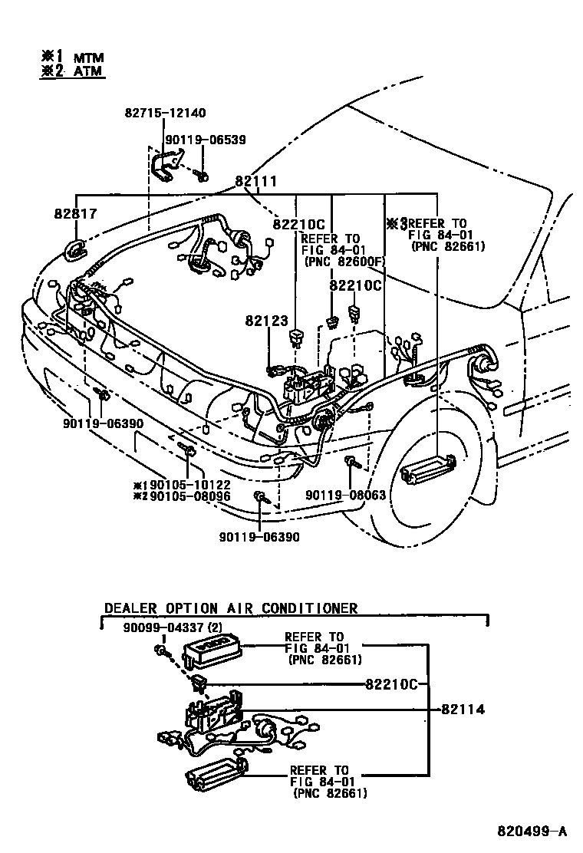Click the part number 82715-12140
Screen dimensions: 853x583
(x=164, y=113)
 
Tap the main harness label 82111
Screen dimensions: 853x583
(x=255, y=182)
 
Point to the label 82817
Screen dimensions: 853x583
(x=75, y=214)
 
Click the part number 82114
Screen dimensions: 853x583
(x=463, y=710)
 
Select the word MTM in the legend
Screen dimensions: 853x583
(x=88, y=58)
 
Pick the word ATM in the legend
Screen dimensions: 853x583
(x=88, y=71)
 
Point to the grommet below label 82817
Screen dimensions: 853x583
(x=77, y=250)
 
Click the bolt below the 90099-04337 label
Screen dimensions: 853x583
(x=162, y=651)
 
